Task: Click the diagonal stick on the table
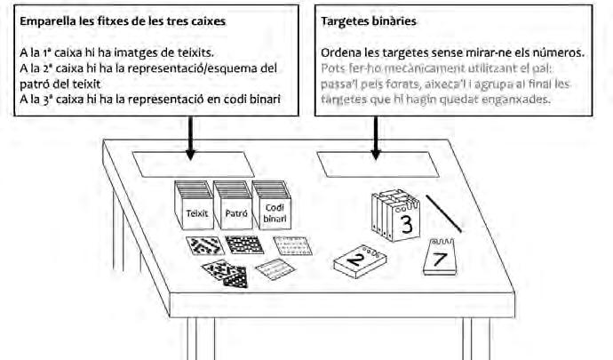click(x=443, y=214)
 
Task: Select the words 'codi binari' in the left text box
click(x=250, y=100)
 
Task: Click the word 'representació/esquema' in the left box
click(x=179, y=68)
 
